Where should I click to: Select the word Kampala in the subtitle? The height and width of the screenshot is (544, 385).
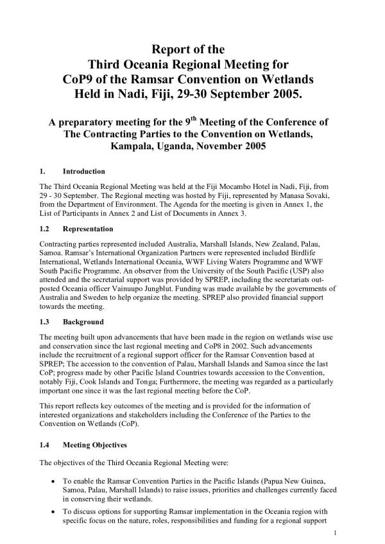pyautogui.click(x=132, y=146)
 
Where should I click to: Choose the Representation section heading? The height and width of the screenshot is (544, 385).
pyautogui.click(x=87, y=228)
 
